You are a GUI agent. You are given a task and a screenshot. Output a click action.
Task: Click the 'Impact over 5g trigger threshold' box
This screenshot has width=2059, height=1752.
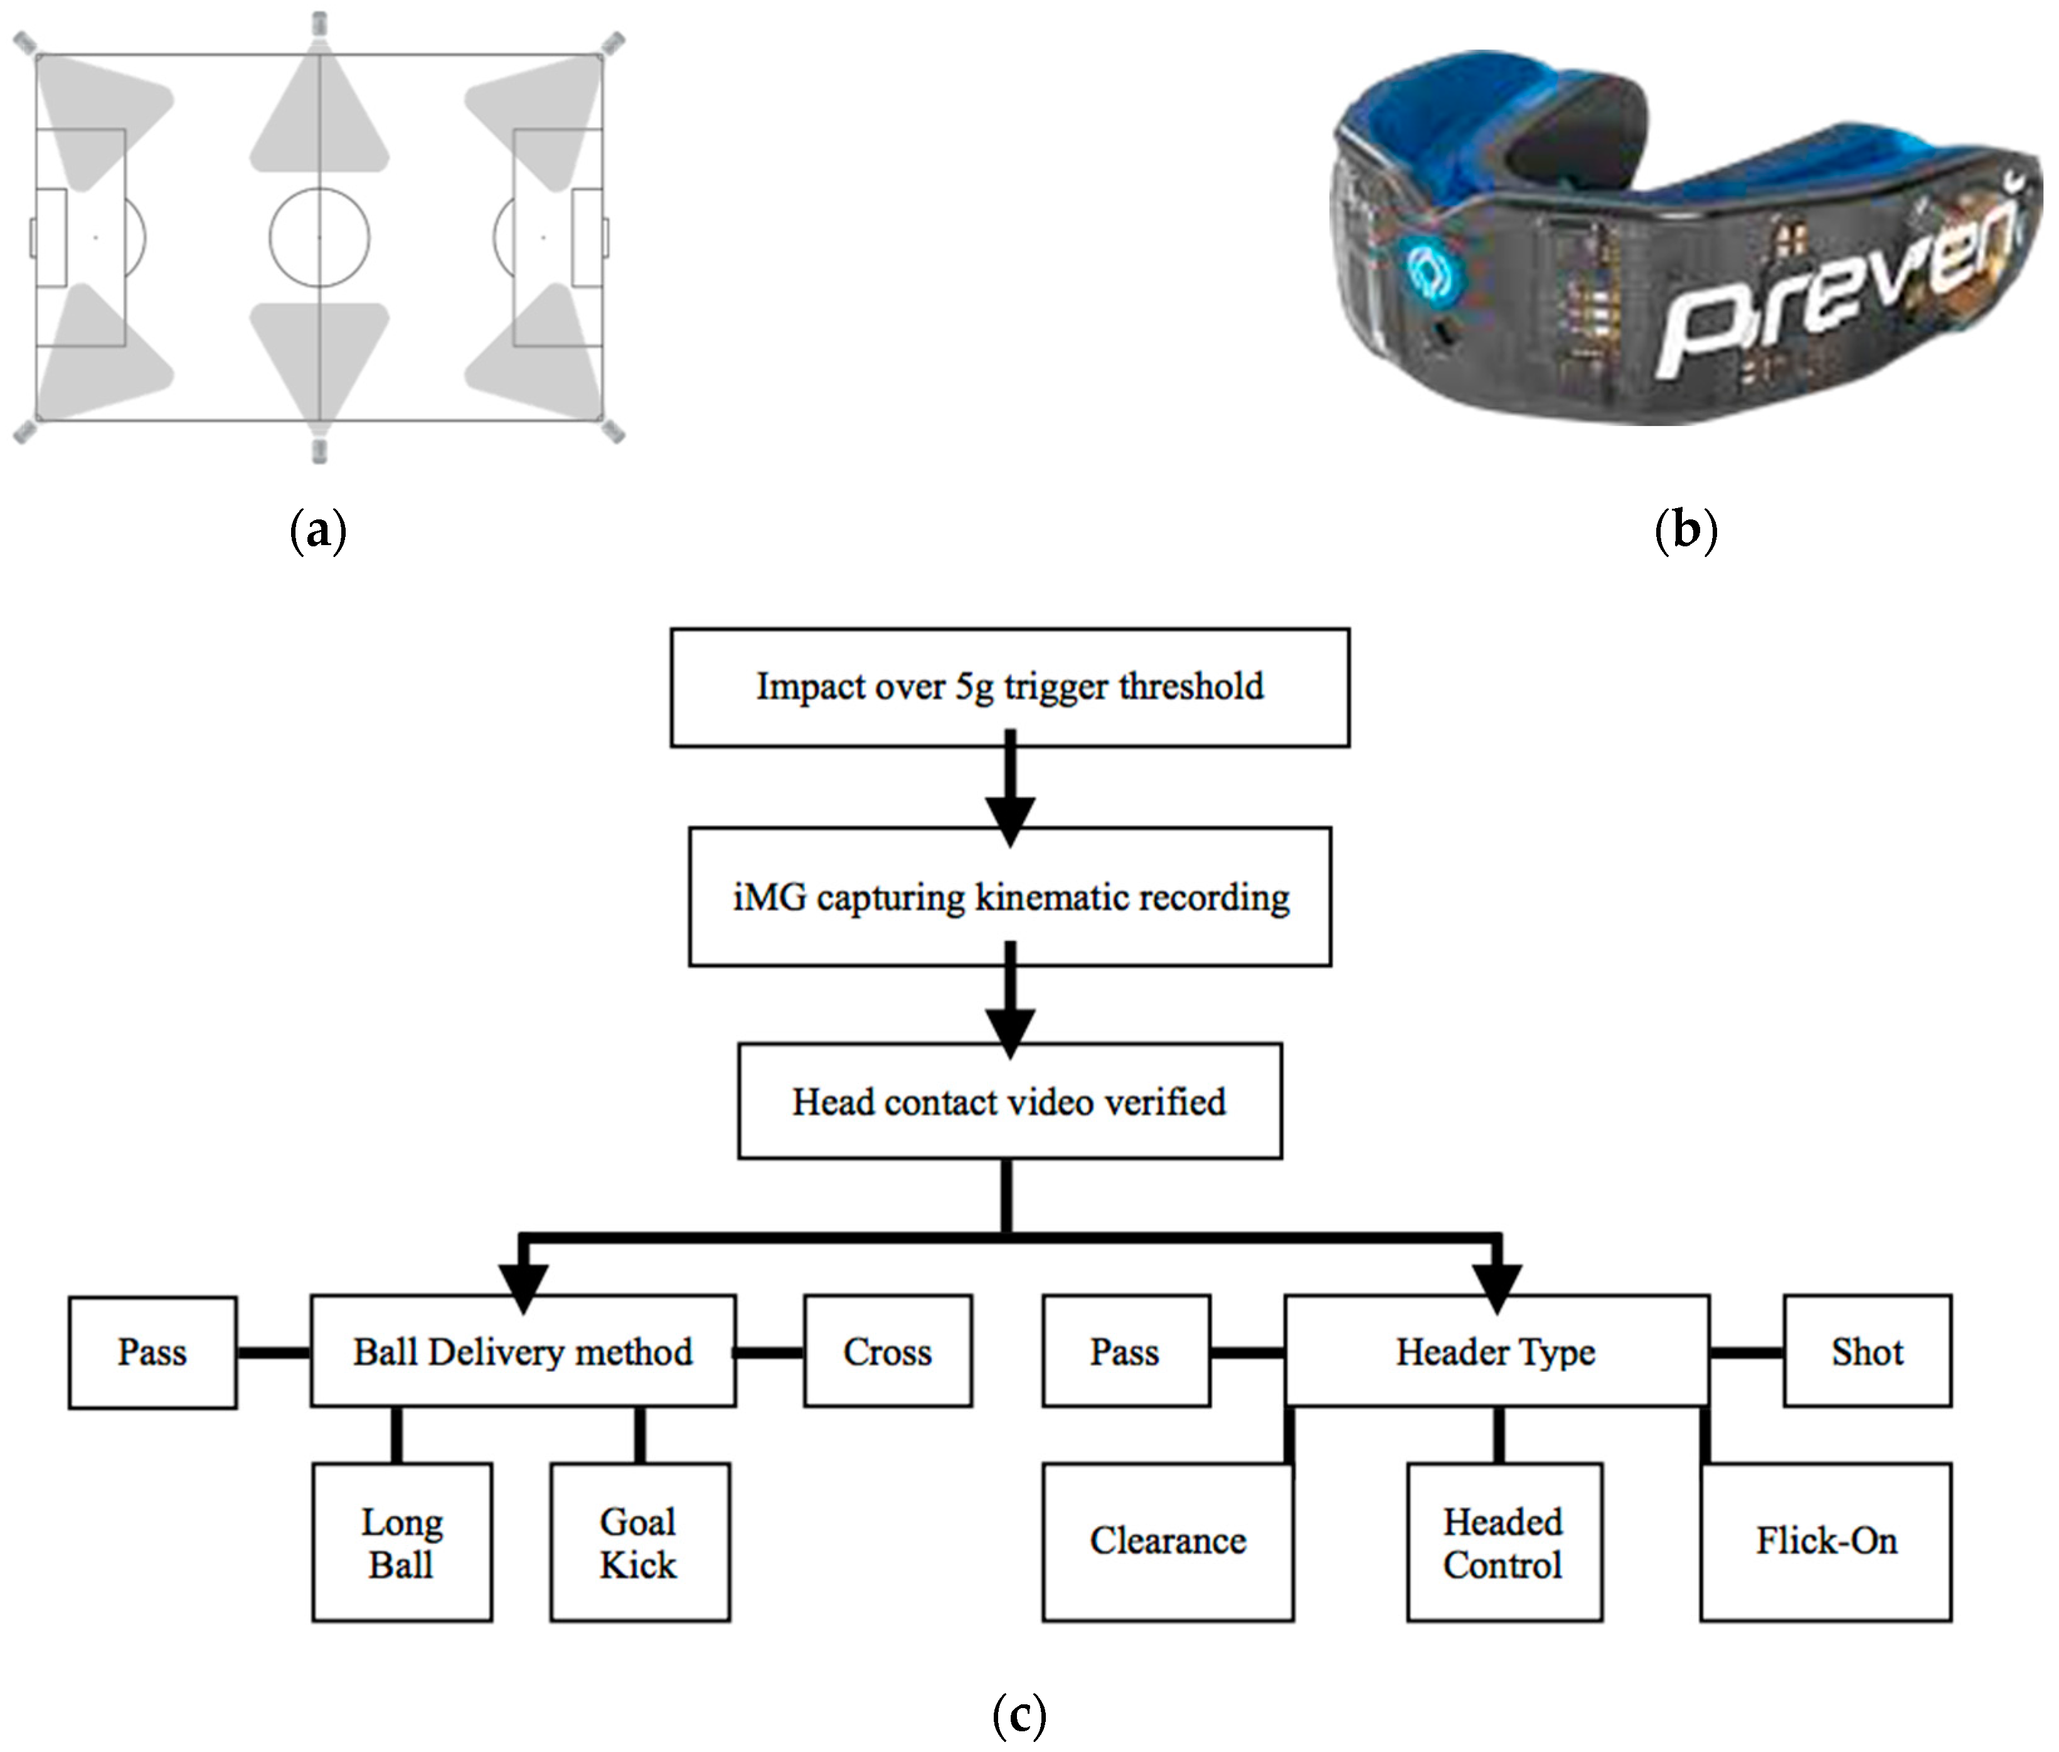click(x=1009, y=688)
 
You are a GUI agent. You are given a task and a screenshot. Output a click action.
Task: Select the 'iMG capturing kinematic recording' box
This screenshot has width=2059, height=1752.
click(x=1009, y=897)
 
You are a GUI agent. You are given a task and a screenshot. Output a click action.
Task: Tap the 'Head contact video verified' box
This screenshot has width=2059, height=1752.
click(x=1009, y=1102)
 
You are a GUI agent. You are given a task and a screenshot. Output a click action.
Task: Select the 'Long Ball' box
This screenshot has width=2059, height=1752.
click(x=402, y=1542)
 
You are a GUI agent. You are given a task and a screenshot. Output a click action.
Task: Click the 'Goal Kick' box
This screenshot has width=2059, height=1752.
click(x=640, y=1542)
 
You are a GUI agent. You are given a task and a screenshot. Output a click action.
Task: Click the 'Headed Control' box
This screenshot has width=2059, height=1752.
click(x=1504, y=1542)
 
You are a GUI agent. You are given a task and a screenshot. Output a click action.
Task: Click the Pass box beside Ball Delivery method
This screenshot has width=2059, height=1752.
click(x=152, y=1352)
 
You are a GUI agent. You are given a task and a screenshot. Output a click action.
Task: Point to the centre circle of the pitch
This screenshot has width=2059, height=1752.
click(x=319, y=237)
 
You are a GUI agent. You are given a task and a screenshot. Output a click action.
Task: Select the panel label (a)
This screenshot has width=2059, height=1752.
click(x=318, y=531)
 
